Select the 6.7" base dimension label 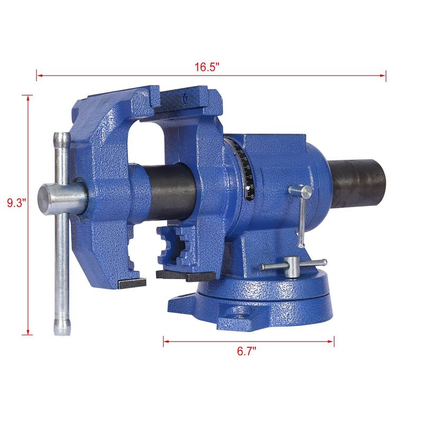[x=248, y=351]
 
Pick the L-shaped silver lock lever [x=301, y=212]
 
